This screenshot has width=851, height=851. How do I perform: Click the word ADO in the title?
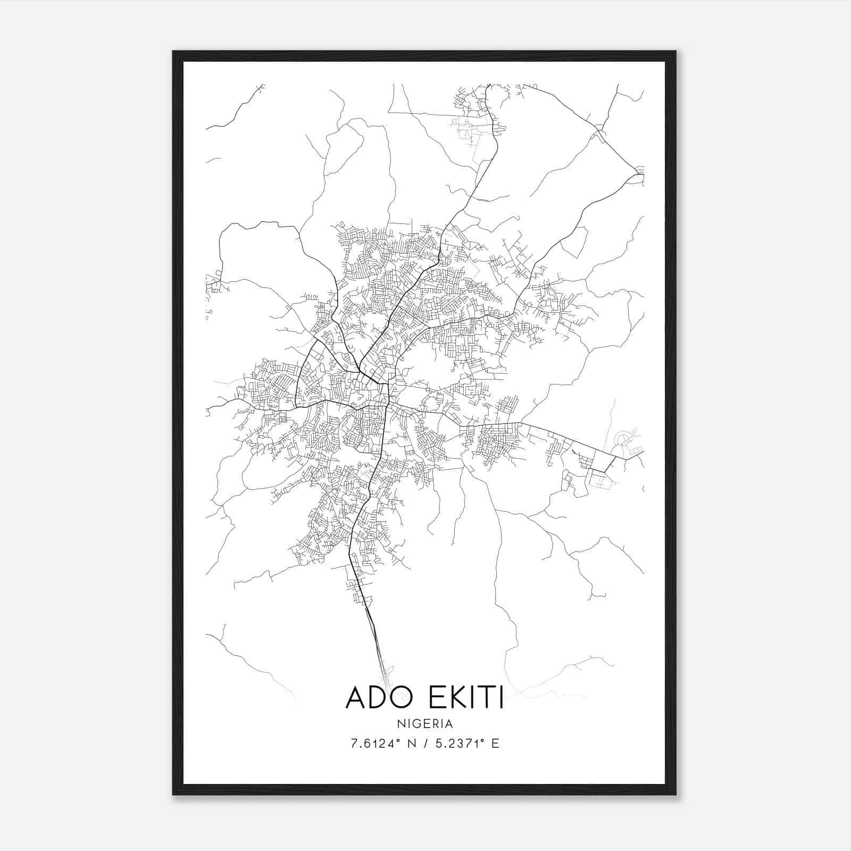click(378, 697)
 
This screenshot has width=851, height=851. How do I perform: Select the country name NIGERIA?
click(424, 724)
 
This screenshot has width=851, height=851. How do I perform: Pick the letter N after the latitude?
click(412, 744)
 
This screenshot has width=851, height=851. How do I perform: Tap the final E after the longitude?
click(495, 744)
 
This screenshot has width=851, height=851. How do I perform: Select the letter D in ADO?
click(378, 697)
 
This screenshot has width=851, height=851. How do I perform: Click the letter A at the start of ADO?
click(356, 697)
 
